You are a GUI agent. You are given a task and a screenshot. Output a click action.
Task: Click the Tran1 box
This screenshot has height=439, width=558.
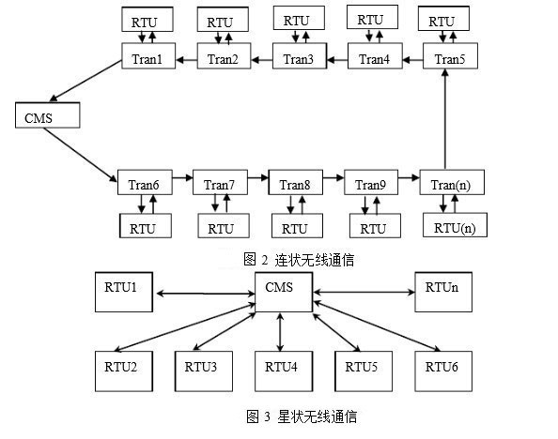pyautogui.click(x=148, y=55)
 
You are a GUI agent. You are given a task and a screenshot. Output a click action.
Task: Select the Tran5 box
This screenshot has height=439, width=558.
pyautogui.click(x=450, y=55)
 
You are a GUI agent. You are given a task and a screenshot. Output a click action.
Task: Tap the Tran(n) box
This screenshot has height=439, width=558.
pyautogui.click(x=452, y=182)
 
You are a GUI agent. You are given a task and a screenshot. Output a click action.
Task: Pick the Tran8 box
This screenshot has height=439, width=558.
pyautogui.click(x=296, y=182)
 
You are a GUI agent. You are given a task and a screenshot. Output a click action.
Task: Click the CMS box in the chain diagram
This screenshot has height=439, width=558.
pyautogui.click(x=47, y=115)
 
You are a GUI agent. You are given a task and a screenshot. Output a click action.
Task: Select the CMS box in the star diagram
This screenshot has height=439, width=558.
pyautogui.click(x=284, y=292)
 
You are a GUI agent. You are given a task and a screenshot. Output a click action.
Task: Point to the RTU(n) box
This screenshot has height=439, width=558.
pyautogui.click(x=455, y=225)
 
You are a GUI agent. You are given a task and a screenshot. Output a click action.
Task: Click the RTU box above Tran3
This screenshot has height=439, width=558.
pyautogui.click(x=299, y=18)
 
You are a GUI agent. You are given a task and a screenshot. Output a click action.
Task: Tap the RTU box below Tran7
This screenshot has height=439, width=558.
pyautogui.click(x=224, y=226)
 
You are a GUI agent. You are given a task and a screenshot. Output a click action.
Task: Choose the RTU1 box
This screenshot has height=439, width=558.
pyautogui.click(x=124, y=292)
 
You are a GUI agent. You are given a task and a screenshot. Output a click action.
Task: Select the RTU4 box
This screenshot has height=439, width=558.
pyautogui.click(x=284, y=371)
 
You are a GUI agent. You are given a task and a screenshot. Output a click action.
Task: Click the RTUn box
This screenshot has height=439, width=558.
pyautogui.click(x=443, y=292)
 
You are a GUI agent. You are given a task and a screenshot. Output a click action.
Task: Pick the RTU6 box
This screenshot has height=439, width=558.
pyautogui.click(x=443, y=371)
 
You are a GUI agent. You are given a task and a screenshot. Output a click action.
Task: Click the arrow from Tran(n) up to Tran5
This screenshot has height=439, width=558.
pyautogui.click(x=445, y=119)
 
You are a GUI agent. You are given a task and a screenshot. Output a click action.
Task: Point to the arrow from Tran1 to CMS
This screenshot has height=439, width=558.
pyautogui.click(x=85, y=81)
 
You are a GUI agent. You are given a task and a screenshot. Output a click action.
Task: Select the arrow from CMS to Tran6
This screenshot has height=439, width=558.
pyautogui.click(x=81, y=155)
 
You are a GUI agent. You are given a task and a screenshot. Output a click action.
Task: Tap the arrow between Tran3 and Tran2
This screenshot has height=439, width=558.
pyautogui.click(x=262, y=60)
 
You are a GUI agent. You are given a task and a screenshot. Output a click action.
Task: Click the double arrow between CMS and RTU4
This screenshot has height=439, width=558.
pyautogui.click(x=281, y=332)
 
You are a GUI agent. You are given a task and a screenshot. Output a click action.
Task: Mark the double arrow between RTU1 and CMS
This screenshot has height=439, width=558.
pyautogui.click(x=206, y=294)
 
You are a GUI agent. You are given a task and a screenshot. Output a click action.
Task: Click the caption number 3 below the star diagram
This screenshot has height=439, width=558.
pyautogui.click(x=267, y=416)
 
